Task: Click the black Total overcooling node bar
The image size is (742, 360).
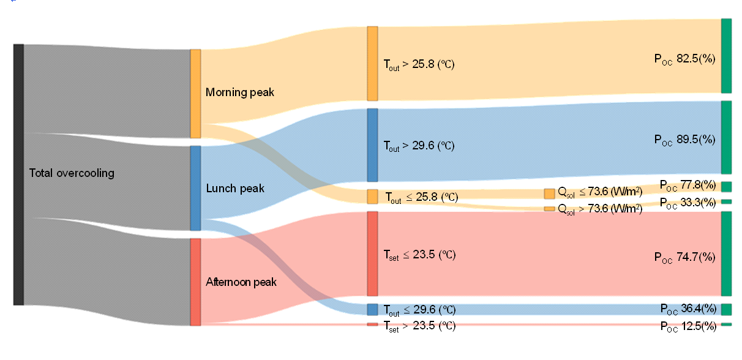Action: pos(18,174)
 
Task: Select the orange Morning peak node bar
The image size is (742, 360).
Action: pos(195,94)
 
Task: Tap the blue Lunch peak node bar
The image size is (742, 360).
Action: pos(195,188)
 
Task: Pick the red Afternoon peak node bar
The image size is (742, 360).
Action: pos(195,282)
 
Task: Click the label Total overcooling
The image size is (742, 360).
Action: pos(72,173)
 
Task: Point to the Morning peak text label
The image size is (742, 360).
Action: pos(240,93)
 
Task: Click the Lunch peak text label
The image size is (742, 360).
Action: pos(235,188)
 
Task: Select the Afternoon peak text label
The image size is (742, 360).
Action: pos(241,282)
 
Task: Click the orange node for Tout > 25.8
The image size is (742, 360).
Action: pos(372,64)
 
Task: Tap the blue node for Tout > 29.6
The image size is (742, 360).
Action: pos(372,145)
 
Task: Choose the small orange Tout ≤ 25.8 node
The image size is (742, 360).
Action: pos(372,197)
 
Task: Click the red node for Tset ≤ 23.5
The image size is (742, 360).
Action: pos(372,253)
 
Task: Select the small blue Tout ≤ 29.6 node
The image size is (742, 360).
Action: pos(372,309)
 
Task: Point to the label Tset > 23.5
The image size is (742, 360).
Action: pos(419,326)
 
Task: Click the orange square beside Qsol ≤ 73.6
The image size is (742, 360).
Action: pos(549,193)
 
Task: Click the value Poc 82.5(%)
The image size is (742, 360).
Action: pos(684,59)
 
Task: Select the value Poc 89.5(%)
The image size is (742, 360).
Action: pos(684,140)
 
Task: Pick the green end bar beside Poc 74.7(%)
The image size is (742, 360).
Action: pos(727,253)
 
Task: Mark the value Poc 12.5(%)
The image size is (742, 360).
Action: pos(688,326)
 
